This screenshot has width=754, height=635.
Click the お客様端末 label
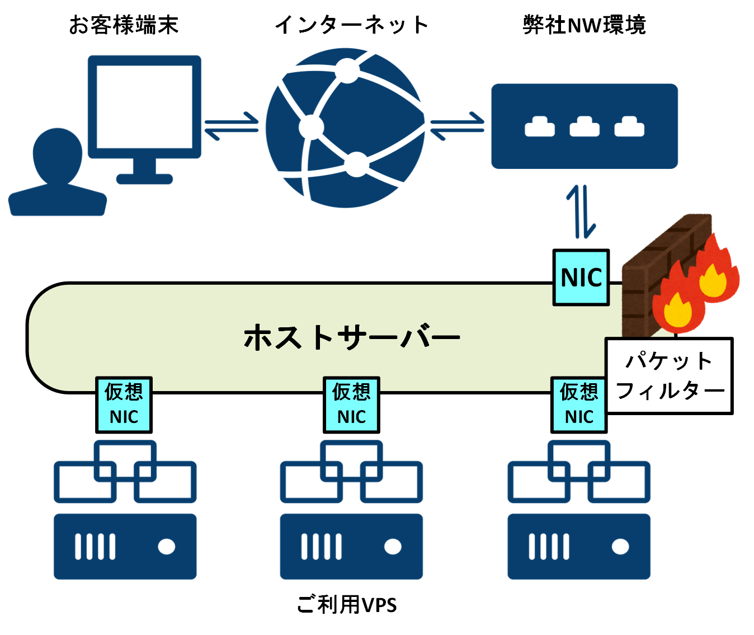click(124, 25)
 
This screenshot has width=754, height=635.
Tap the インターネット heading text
click(351, 25)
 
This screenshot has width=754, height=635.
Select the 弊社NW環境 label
click(585, 25)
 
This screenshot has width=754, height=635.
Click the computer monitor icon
click(144, 106)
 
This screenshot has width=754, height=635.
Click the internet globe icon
click(345, 128)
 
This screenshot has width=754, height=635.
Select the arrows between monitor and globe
click(232, 126)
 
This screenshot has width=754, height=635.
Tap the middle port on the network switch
click(585, 127)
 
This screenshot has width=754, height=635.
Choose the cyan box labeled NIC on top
click(581, 277)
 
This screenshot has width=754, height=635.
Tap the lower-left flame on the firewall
click(677, 305)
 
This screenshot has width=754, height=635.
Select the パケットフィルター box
click(670, 376)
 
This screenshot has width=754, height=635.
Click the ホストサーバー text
click(351, 338)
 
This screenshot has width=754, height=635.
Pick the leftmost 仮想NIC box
click(124, 404)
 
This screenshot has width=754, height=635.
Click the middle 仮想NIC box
click(351, 404)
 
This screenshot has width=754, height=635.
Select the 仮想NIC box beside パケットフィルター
click(579, 404)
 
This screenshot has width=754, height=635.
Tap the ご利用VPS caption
click(347, 605)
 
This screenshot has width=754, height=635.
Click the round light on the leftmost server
click(166, 547)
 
